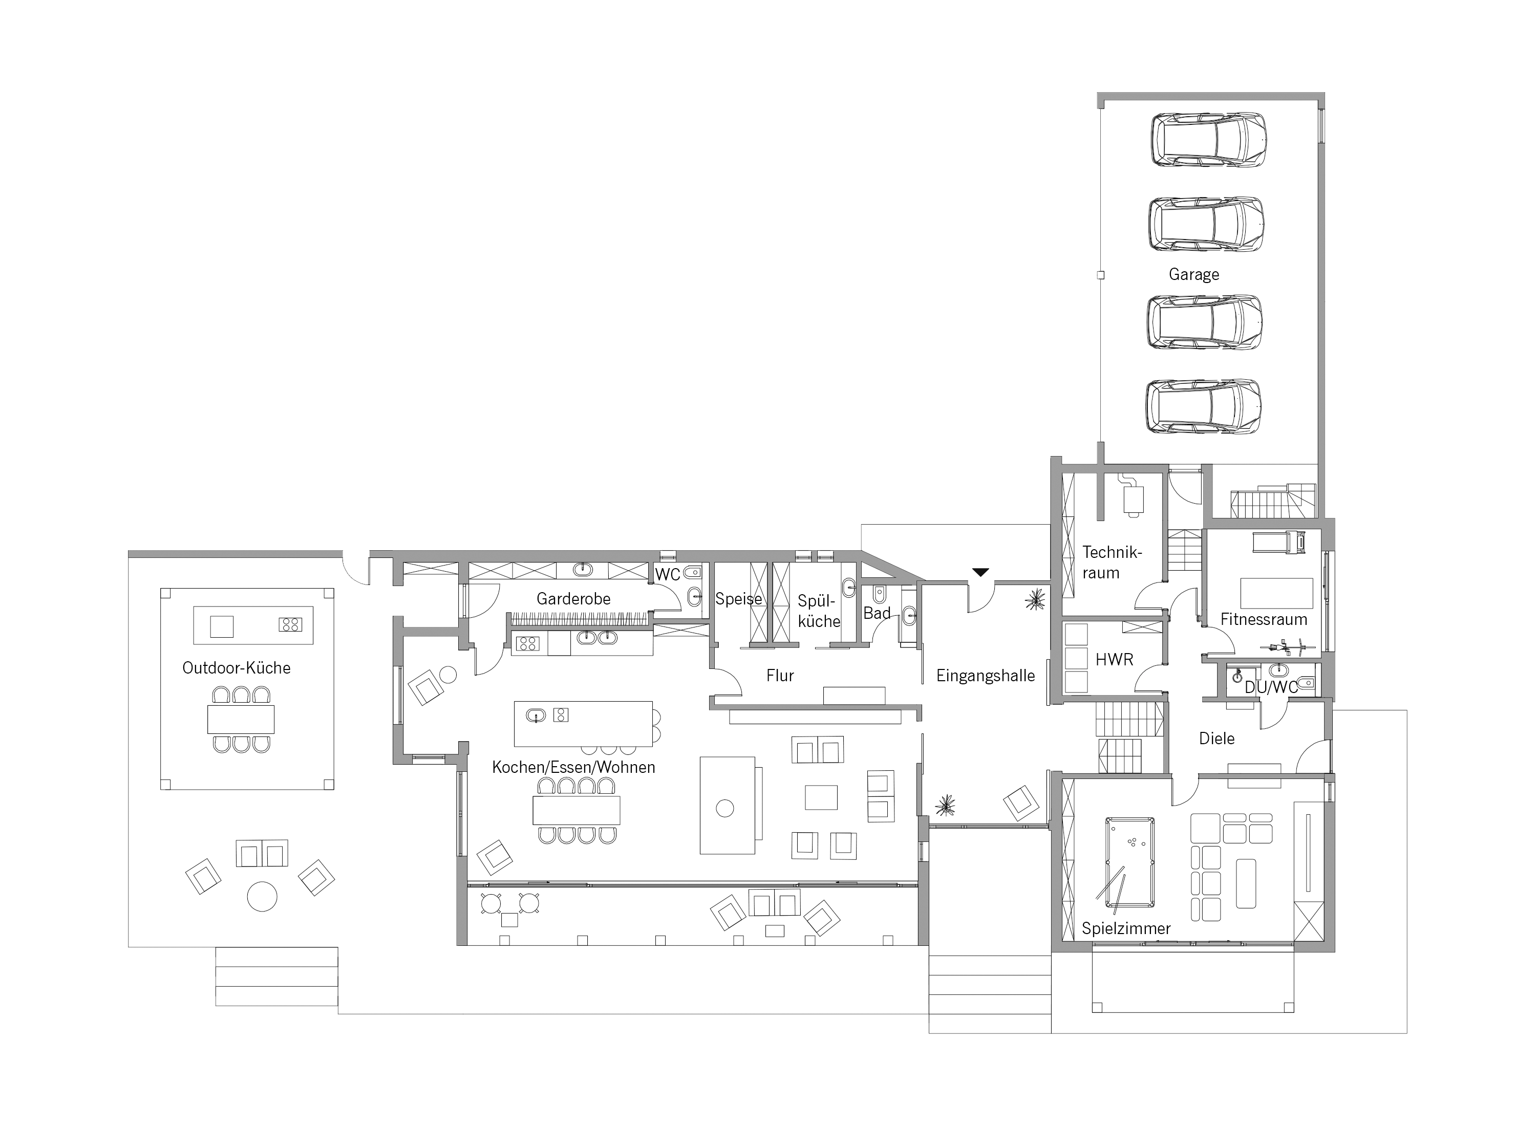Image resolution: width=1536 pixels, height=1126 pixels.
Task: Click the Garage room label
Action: pos(1194,275)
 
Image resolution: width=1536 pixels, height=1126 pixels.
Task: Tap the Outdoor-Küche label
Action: pos(237,668)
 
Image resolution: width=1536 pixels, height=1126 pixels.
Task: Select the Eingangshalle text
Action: pos(985,676)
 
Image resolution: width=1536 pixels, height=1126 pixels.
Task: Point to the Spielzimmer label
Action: pos(1126,928)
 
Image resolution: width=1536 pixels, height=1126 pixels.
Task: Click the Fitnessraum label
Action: pos(1263,620)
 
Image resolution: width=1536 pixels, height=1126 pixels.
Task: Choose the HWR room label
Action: pos(1114,660)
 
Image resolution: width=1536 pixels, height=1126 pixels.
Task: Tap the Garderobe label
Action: pos(573,599)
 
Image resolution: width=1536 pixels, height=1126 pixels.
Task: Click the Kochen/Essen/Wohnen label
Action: pos(573,768)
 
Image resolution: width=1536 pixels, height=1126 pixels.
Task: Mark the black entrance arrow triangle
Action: pos(980,573)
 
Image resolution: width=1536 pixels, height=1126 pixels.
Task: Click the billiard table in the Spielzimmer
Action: pos(1129,862)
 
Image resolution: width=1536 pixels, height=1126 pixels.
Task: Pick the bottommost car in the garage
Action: pos(1203,406)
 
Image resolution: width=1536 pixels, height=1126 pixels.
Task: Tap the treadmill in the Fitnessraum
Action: pos(1279,542)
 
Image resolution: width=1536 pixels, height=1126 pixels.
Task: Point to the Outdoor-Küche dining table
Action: pos(241,719)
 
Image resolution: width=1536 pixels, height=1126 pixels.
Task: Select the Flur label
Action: pos(780,676)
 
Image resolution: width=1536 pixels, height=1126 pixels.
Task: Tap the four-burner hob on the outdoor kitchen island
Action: pos(290,624)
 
